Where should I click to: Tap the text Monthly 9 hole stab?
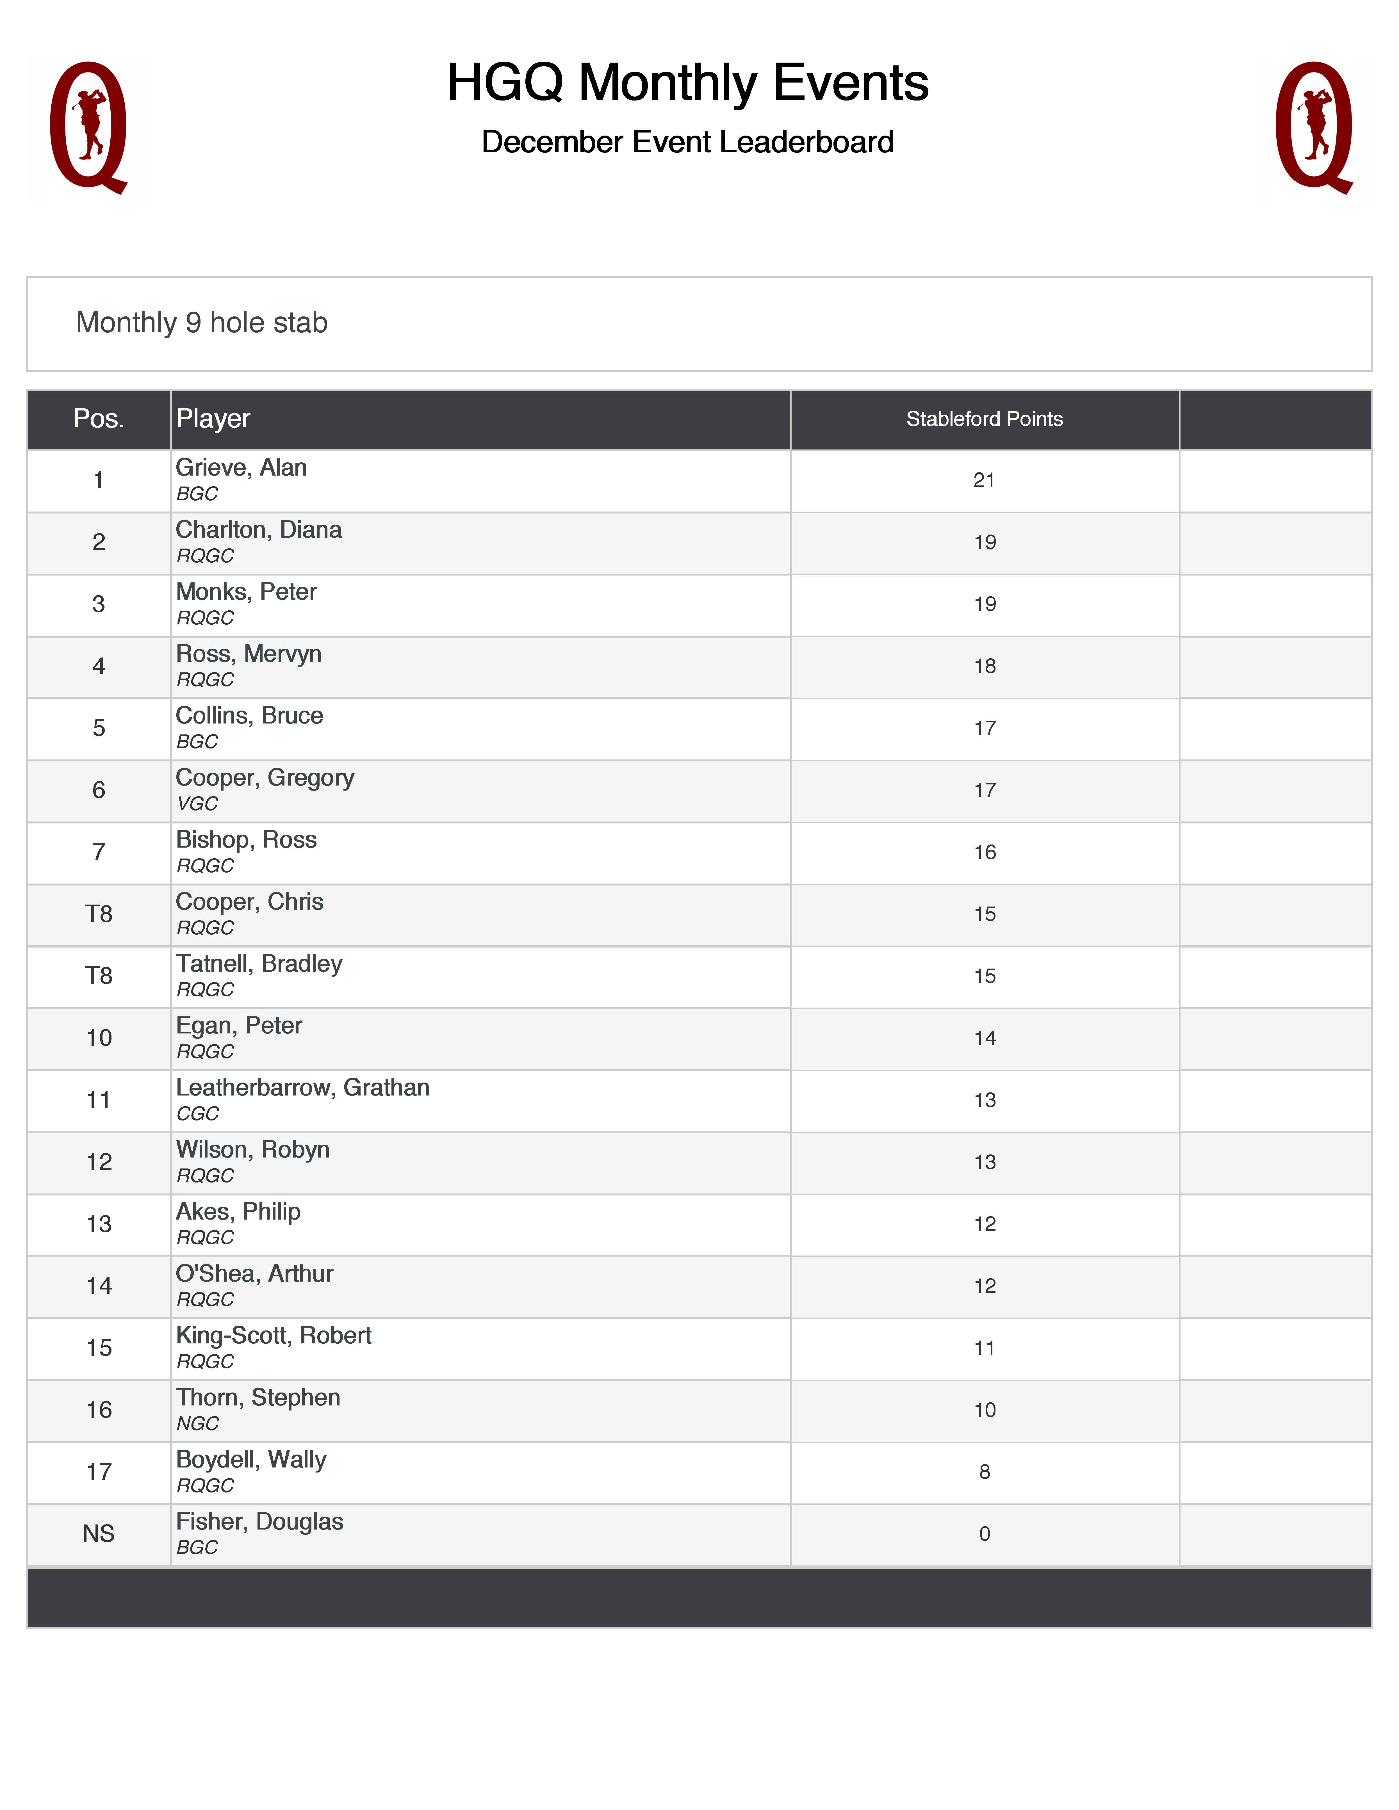point(201,322)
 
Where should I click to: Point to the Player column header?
point(213,419)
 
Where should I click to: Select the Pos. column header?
point(99,419)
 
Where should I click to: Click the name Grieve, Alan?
point(241,468)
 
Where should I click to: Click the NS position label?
point(99,1534)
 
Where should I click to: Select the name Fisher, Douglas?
point(259,1522)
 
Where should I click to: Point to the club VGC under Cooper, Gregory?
point(197,804)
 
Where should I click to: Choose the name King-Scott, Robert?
point(274,1336)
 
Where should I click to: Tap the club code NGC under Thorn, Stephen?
point(197,1424)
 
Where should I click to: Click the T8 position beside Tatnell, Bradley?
point(99,976)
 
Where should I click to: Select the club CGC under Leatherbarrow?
point(197,1114)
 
